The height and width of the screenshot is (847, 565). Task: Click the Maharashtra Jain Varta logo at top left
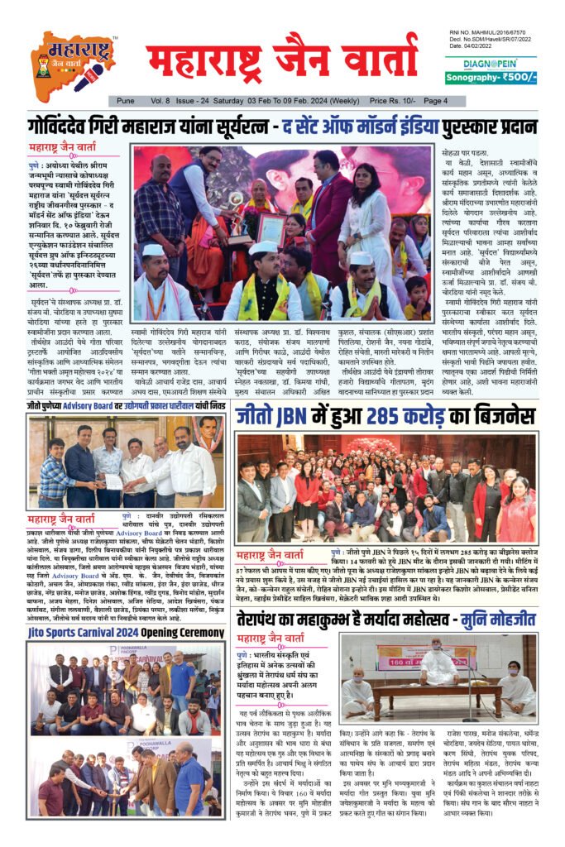tap(73, 63)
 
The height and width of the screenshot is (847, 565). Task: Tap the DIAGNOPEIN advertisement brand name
tap(491, 63)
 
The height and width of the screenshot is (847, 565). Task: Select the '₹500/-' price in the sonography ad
tap(516, 78)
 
